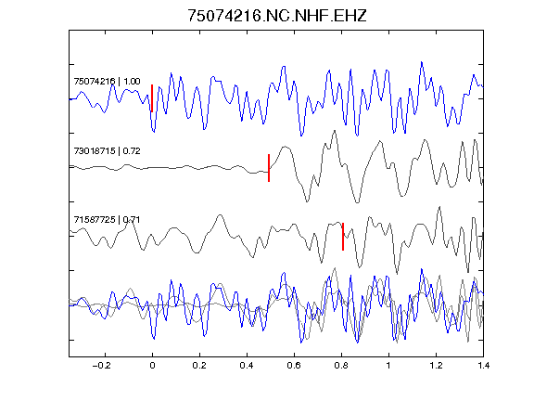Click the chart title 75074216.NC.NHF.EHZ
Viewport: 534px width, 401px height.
(x=277, y=16)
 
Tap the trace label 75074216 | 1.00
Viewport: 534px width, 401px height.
(x=107, y=82)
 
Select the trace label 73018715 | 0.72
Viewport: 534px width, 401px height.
(x=107, y=151)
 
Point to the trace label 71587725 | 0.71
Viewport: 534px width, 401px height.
(x=107, y=220)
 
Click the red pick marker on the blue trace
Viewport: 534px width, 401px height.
(x=152, y=98)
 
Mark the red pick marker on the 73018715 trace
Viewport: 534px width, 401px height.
(x=269, y=168)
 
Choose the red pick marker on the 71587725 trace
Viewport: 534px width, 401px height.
(x=343, y=237)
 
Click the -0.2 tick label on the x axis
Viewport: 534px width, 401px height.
(x=102, y=366)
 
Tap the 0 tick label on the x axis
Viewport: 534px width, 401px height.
(x=152, y=366)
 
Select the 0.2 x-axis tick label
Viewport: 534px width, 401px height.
(x=199, y=366)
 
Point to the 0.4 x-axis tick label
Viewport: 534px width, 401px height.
(x=247, y=366)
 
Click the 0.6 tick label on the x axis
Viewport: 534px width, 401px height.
(x=294, y=366)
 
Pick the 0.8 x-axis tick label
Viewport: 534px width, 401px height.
(x=341, y=366)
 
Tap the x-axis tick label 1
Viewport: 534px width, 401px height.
(x=388, y=366)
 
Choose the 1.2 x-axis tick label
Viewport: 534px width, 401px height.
(x=436, y=366)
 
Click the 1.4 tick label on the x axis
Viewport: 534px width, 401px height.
(x=483, y=366)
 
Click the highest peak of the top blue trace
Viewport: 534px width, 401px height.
(x=422, y=62)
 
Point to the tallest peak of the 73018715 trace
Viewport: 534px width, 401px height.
(x=335, y=131)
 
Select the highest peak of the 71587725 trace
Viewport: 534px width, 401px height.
(x=439, y=207)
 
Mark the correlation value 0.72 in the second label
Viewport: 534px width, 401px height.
(x=132, y=151)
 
